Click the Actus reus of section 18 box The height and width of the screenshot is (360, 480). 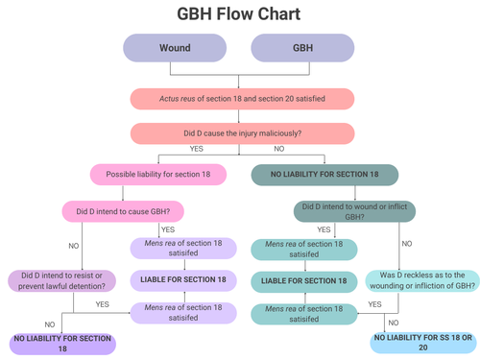tap(239, 98)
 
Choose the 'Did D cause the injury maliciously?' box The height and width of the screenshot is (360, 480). tap(239, 133)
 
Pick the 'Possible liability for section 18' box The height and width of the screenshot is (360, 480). tap(157, 175)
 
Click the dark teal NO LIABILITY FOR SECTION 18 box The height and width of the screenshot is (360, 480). tap(324, 175)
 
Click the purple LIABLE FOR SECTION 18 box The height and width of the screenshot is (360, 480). tap(182, 280)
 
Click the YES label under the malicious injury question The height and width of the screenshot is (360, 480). tap(197, 149)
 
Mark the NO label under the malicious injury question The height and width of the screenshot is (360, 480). tap(279, 149)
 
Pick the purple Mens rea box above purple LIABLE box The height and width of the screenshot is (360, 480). tap(182, 250)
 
